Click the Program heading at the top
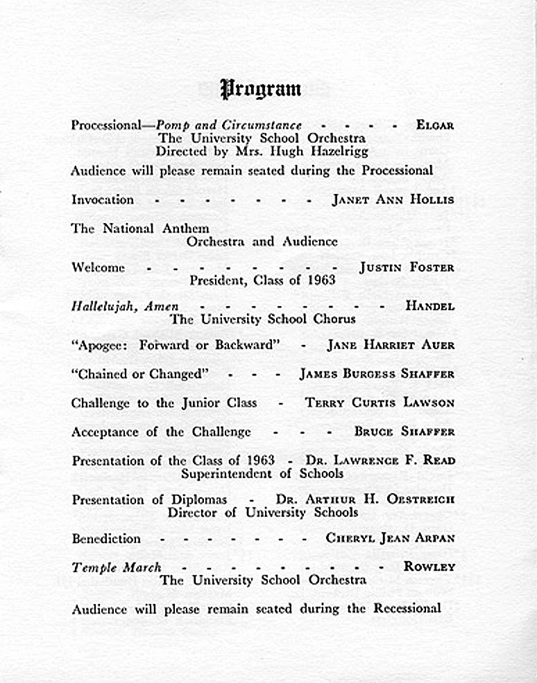[261, 89]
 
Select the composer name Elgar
[435, 125]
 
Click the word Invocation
[103, 199]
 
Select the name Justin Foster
[407, 267]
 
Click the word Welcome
[98, 267]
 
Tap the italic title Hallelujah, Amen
[125, 306]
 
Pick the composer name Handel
[430, 305]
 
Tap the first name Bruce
[373, 432]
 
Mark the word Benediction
[106, 538]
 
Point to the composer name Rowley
[429, 567]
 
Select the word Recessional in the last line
[407, 609]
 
